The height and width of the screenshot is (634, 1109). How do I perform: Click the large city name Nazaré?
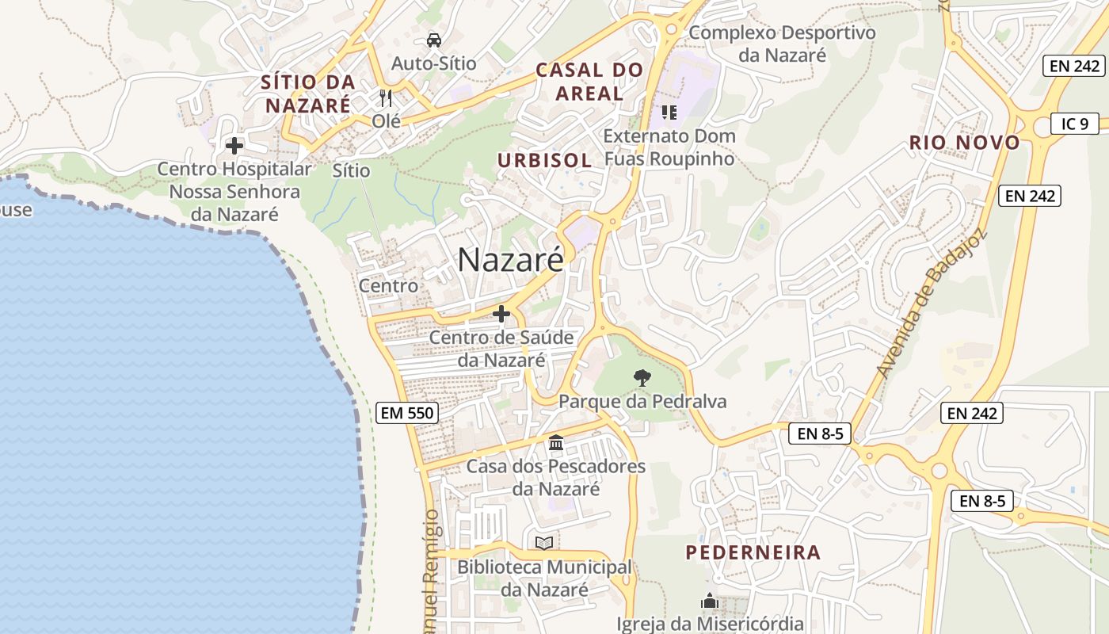(x=510, y=259)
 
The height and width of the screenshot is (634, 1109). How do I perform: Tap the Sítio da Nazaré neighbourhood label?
(x=308, y=93)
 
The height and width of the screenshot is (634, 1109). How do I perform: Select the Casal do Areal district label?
(x=589, y=82)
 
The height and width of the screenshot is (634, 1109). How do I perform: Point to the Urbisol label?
(x=544, y=160)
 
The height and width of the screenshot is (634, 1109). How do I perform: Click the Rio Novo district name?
(x=965, y=143)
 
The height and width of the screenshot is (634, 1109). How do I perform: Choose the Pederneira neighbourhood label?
(x=753, y=552)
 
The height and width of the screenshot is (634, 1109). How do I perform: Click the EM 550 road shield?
(x=407, y=412)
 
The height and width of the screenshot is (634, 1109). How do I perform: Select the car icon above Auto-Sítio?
(x=433, y=40)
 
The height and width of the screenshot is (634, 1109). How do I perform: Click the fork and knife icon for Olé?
(x=386, y=98)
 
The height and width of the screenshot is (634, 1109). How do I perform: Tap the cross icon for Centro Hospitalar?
(x=234, y=146)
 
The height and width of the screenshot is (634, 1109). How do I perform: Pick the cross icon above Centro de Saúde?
(x=501, y=314)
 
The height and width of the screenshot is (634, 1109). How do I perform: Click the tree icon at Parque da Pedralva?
(x=642, y=378)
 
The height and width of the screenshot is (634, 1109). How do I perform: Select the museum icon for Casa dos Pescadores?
(x=556, y=442)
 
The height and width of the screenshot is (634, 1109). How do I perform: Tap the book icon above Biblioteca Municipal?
(x=543, y=543)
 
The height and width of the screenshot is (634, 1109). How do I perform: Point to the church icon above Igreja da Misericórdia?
(x=710, y=602)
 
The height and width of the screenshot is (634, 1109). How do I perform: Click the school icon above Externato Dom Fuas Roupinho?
(x=669, y=113)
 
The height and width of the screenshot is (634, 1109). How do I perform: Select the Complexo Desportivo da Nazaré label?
(x=782, y=44)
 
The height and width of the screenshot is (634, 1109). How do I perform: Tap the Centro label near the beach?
(x=388, y=285)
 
